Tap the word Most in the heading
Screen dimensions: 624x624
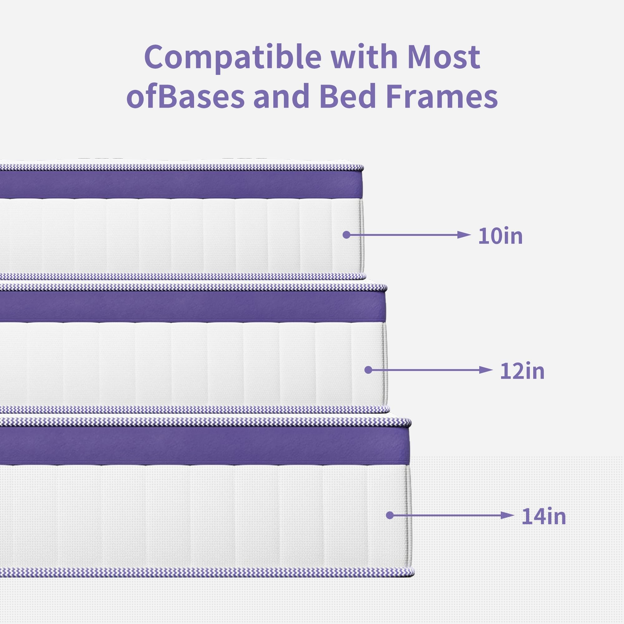click(443, 57)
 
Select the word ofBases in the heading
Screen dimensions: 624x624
click(185, 96)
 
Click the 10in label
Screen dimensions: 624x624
click(500, 236)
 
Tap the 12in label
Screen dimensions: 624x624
click(522, 371)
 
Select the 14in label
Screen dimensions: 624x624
click(544, 516)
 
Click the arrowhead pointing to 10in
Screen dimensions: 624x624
click(465, 235)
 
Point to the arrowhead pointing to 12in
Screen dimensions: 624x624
click(486, 370)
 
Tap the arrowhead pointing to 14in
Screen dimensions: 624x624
click(508, 515)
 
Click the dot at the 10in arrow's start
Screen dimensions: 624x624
click(347, 235)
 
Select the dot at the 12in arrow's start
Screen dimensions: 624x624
click(368, 370)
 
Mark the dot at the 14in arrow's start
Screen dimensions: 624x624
click(390, 515)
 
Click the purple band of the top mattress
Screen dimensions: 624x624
click(181, 184)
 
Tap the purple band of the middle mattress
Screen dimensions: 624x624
click(193, 306)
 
